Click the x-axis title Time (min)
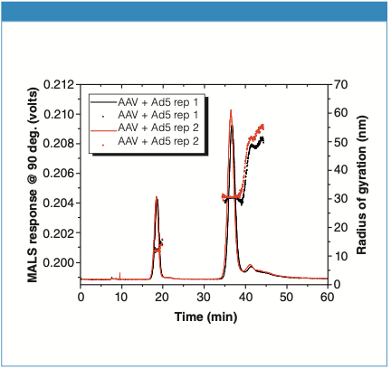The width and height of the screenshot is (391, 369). point(202,317)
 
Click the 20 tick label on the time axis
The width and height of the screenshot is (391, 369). point(163,296)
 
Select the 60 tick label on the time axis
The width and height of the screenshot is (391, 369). point(327,296)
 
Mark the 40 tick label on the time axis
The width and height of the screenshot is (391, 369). point(245,296)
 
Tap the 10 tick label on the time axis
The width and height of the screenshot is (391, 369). point(122,296)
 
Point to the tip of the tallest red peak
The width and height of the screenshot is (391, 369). point(232,111)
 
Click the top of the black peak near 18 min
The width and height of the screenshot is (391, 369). point(157,198)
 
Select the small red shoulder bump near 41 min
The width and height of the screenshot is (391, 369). point(250,266)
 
